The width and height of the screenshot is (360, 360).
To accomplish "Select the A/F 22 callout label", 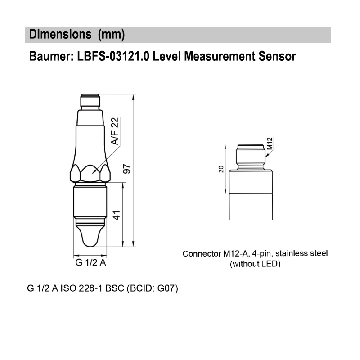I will click(x=115, y=131).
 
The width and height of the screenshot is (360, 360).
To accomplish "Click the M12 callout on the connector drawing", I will click(x=270, y=144).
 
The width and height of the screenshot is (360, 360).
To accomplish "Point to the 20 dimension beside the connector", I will click(x=221, y=169).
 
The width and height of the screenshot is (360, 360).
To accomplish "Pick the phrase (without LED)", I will click(x=255, y=264).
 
